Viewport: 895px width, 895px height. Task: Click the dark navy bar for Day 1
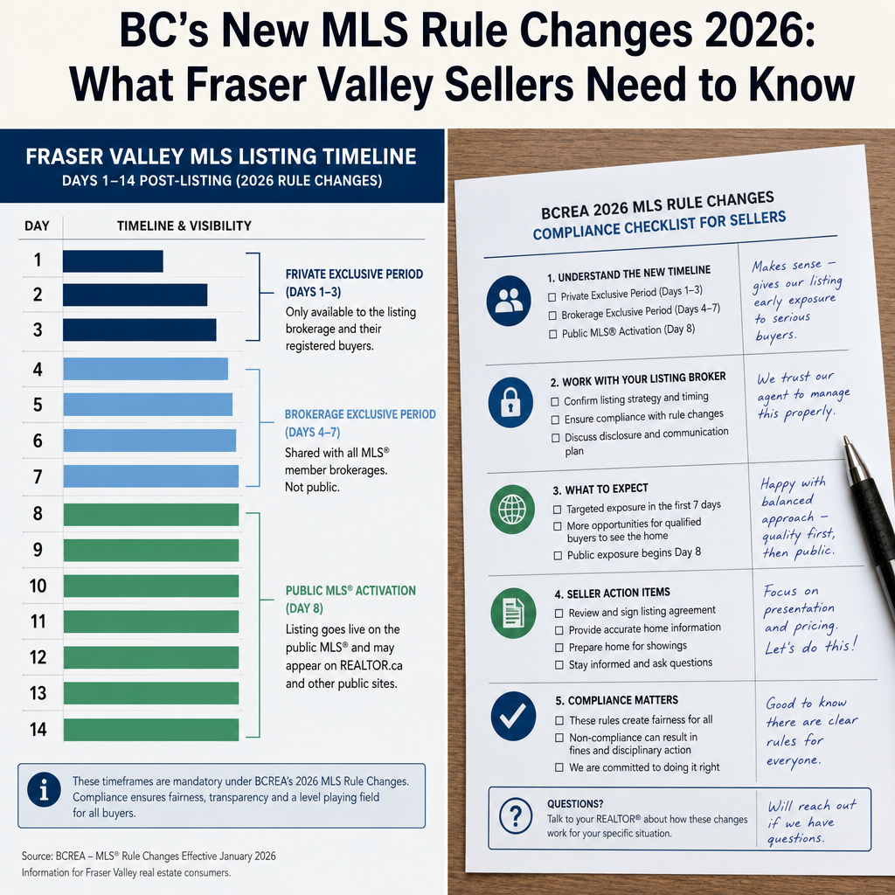[x=113, y=261]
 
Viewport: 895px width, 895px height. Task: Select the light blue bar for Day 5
[x=148, y=405]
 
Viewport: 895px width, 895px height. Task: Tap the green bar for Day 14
[x=150, y=730]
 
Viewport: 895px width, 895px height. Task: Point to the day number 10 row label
[x=38, y=586]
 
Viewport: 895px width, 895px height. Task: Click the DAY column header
[x=37, y=226]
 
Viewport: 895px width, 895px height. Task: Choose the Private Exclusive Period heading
[x=354, y=283]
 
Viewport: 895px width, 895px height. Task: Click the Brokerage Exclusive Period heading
[x=360, y=423]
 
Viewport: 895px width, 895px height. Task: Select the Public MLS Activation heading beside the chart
[x=350, y=600]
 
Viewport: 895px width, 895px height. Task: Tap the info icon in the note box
[x=44, y=790]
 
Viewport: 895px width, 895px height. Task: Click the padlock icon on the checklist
[x=510, y=402]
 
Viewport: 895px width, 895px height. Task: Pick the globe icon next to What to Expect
[x=512, y=510]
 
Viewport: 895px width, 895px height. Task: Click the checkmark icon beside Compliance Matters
[x=513, y=716]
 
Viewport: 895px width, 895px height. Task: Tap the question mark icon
[x=516, y=816]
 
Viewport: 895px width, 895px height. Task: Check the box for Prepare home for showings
[x=559, y=648]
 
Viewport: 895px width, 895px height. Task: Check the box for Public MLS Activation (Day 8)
[x=552, y=335]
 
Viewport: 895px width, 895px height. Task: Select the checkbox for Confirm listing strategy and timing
[x=555, y=402]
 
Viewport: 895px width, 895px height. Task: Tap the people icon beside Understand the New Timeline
[x=509, y=301]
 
